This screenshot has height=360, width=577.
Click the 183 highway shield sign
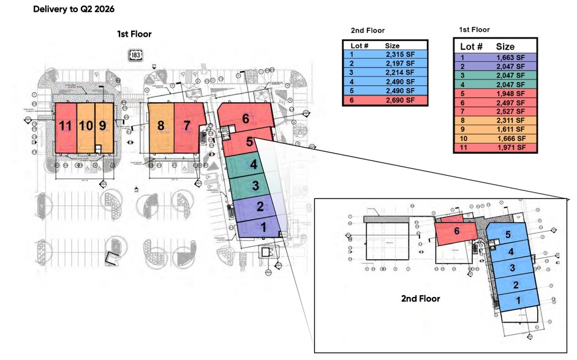pos(135,55)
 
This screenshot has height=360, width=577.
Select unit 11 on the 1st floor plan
pos(66,127)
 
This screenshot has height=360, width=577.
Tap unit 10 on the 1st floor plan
pos(86,127)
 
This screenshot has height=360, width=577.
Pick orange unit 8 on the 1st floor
pos(161,127)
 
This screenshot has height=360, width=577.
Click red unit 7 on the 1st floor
pos(187,127)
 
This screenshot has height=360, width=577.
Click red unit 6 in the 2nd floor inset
pos(456,231)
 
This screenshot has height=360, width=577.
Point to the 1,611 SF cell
pos(511,129)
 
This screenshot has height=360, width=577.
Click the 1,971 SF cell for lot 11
pos(511,148)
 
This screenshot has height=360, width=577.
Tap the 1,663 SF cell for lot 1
pos(511,58)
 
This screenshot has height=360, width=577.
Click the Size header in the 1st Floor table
pos(505,47)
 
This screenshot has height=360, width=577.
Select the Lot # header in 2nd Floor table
pos(358,46)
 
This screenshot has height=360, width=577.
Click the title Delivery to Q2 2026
pos(74,10)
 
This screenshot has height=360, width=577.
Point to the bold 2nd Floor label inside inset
pos(420,299)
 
